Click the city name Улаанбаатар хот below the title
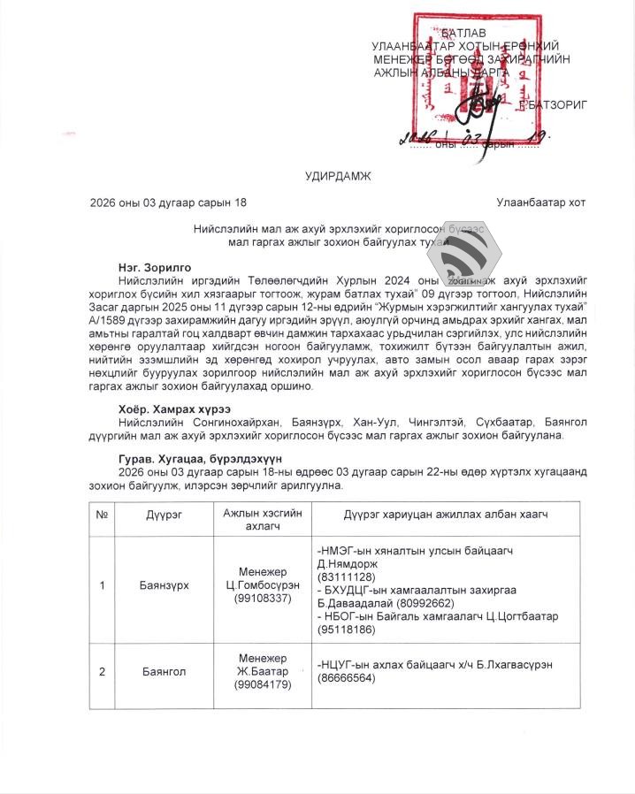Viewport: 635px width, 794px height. pyautogui.click(x=540, y=202)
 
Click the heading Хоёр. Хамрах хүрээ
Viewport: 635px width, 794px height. pyautogui.click(x=175, y=409)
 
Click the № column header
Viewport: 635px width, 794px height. pyautogui.click(x=103, y=515)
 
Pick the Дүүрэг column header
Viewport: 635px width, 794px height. pyautogui.click(x=163, y=515)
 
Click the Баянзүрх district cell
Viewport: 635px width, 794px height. pyautogui.click(x=163, y=585)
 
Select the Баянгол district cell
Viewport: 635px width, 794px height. pyautogui.click(x=163, y=672)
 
